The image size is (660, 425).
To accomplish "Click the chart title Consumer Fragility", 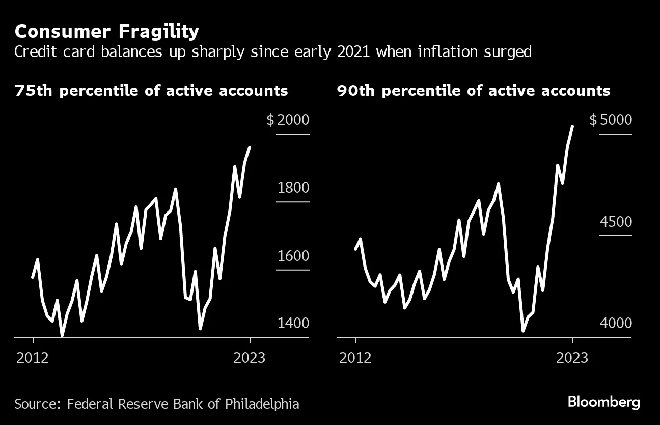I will click(x=107, y=32).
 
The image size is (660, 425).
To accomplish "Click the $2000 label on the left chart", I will click(x=288, y=120).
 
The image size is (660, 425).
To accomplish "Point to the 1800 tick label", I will click(x=293, y=188).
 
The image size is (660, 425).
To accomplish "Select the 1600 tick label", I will click(x=293, y=256).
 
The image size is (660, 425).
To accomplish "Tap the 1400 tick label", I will click(x=293, y=323).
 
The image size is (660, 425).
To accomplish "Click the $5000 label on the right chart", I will click(x=611, y=120).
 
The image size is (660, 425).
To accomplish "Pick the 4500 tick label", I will click(x=616, y=222).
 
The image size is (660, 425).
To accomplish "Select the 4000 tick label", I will click(x=616, y=323).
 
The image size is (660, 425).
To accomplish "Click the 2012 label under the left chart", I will click(x=33, y=358).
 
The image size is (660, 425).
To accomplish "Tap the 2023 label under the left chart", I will click(x=249, y=358).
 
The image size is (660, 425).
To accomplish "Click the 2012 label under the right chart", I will click(x=355, y=358).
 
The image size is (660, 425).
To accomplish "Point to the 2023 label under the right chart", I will click(x=572, y=358).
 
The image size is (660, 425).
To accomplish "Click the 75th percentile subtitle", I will click(x=151, y=91).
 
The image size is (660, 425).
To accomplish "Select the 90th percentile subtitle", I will click(x=474, y=91).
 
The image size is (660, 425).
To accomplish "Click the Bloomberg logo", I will click(x=603, y=402).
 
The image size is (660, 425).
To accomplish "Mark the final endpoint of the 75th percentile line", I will click(x=250, y=147).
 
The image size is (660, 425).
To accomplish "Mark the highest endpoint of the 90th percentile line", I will click(x=573, y=126).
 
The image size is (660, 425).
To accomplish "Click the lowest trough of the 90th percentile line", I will click(x=523, y=331).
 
